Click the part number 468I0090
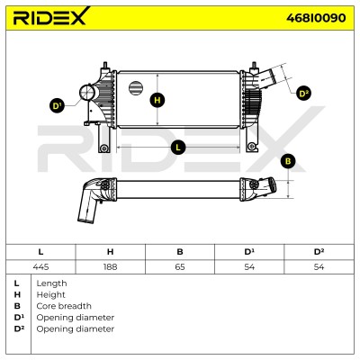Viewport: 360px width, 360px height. pyautogui.click(x=316, y=18)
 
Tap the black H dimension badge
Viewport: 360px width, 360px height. pyautogui.click(x=157, y=100)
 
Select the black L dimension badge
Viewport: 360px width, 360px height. pyautogui.click(x=178, y=148)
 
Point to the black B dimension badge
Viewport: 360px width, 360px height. pyautogui.click(x=288, y=161)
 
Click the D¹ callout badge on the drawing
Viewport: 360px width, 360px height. pyautogui.click(x=57, y=105)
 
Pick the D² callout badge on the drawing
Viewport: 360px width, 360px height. pyautogui.click(x=303, y=94)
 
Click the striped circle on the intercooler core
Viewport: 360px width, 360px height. pyautogui.click(x=136, y=87)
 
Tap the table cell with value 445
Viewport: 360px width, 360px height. pyautogui.click(x=40, y=266)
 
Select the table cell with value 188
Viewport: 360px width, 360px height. pyautogui.click(x=111, y=266)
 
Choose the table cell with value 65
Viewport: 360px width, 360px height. pyautogui.click(x=180, y=266)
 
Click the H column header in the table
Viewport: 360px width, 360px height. pyautogui.click(x=111, y=252)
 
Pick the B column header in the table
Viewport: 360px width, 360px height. pyautogui.click(x=180, y=252)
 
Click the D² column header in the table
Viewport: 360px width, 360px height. pyautogui.click(x=319, y=252)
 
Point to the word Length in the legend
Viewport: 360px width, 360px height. pyautogui.click(x=51, y=283)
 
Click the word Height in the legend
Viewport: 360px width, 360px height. pyautogui.click(x=50, y=295)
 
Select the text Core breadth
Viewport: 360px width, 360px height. pyautogui.click(x=64, y=306)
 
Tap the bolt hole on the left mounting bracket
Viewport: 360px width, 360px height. pyautogui.click(x=104, y=148)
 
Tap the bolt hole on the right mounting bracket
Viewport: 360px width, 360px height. pyautogui.click(x=252, y=147)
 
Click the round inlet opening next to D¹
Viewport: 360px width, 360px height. pyautogui.click(x=86, y=93)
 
